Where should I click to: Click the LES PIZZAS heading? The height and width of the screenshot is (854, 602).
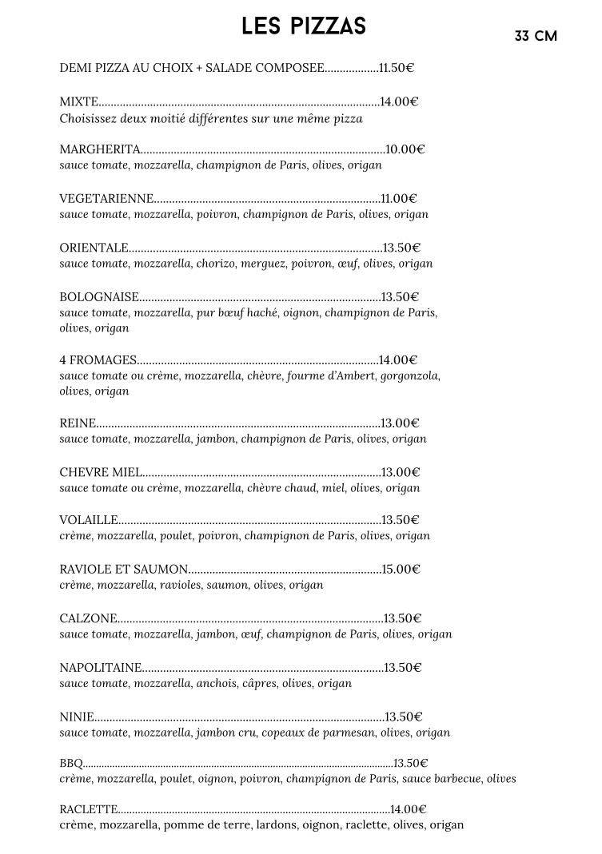coord(304,26)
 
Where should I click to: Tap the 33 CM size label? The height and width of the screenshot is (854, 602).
coord(536,36)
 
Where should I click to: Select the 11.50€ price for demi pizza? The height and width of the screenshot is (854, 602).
coord(397,68)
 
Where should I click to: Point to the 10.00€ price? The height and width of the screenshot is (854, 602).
coord(405,149)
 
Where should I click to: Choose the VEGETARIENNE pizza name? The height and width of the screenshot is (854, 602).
coord(106,198)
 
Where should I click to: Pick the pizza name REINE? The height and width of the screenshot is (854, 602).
coord(78,423)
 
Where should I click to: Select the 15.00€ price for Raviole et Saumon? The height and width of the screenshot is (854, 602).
coord(401,569)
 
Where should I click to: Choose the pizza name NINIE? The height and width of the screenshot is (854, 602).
coord(77,717)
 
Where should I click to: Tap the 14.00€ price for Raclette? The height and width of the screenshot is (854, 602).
coord(408,809)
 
